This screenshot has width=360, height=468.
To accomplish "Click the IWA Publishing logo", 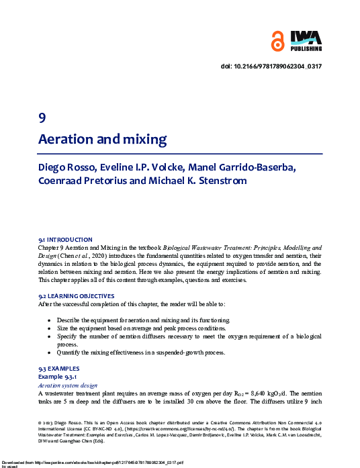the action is (306, 40).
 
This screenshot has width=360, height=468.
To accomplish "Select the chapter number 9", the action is (42, 118).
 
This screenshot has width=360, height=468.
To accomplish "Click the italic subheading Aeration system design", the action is (68, 385).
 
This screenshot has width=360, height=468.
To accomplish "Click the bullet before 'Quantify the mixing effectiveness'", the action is (50, 352).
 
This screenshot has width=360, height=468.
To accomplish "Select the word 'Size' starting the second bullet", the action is (63, 328).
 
